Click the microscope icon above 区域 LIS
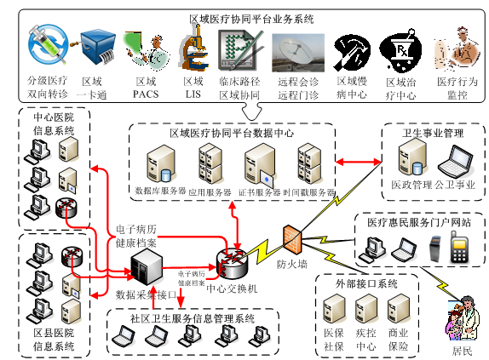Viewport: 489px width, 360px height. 192,47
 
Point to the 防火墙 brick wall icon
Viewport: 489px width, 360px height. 291,237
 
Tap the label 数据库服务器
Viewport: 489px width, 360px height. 160,192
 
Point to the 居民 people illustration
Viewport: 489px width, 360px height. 459,318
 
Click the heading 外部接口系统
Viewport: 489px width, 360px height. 366,283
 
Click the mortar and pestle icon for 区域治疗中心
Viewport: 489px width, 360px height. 396,49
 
